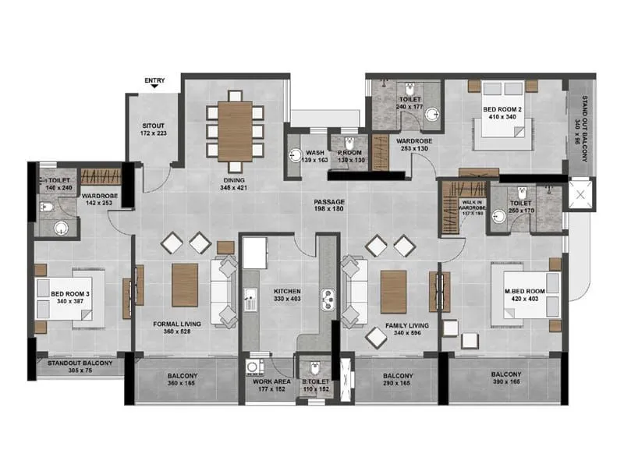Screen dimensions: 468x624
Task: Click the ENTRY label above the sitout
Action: coord(154,80)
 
